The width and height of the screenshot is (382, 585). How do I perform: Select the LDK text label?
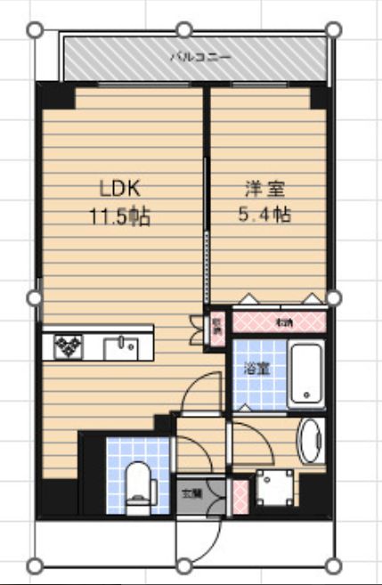[120, 189]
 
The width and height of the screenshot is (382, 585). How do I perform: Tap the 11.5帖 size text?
[118, 216]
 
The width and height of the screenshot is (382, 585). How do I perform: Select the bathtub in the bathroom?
[308, 371]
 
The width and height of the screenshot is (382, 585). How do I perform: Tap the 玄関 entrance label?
[191, 492]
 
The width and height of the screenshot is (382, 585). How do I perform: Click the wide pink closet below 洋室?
[280, 321]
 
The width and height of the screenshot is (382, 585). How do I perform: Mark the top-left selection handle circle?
[36, 29]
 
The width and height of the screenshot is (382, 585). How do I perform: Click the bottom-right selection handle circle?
[333, 565]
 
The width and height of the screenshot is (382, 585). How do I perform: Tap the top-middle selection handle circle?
[184, 29]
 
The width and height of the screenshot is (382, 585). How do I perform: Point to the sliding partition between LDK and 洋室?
[207, 232]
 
